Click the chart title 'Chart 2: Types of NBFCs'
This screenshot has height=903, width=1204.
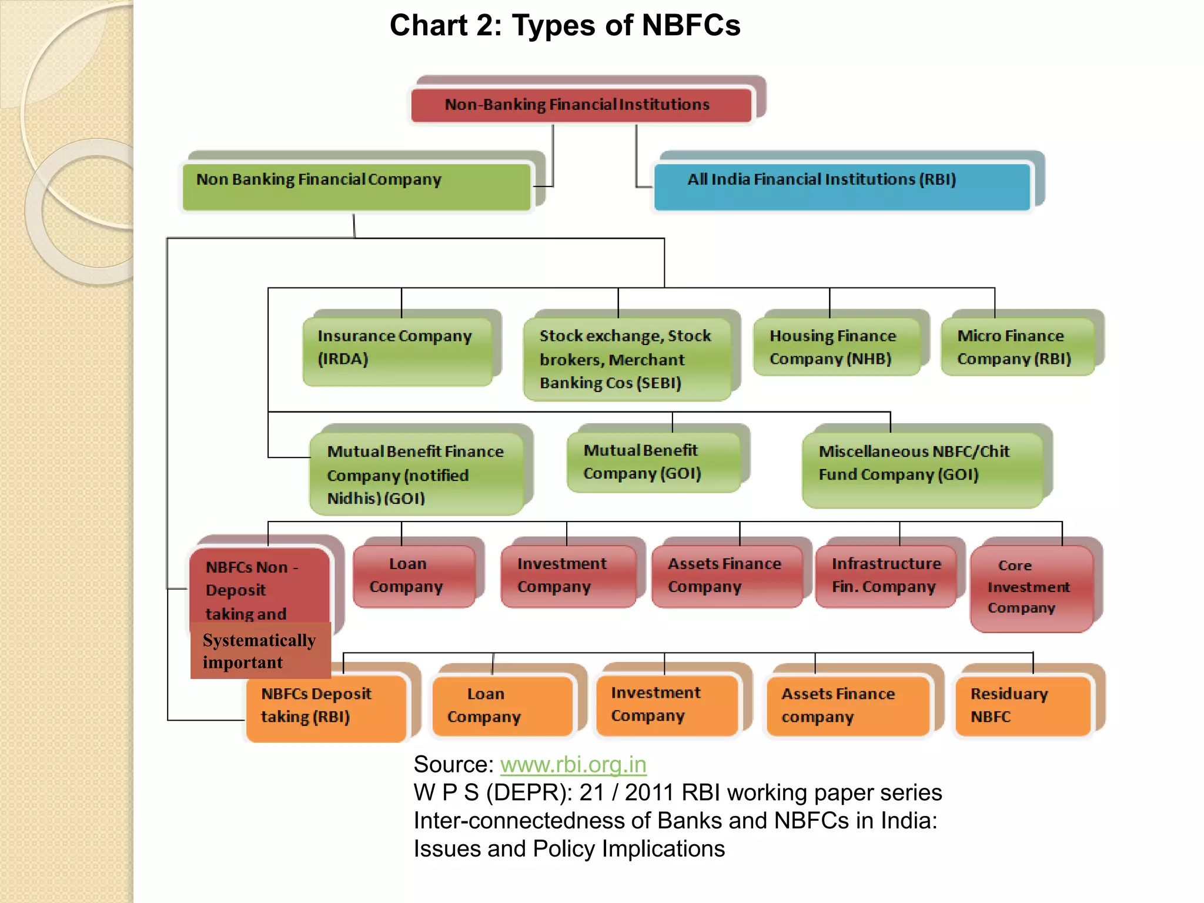[x=564, y=26]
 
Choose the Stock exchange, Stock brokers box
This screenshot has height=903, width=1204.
[x=627, y=359]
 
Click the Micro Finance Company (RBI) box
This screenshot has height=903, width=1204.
[x=1017, y=347]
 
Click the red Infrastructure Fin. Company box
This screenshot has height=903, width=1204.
[x=885, y=576]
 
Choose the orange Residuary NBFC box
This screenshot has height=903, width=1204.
[x=1022, y=705]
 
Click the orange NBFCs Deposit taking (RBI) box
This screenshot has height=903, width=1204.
[x=326, y=707]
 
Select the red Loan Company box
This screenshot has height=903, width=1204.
[x=414, y=576]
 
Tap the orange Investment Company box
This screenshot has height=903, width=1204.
[x=666, y=705]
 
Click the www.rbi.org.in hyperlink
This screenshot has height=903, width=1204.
[x=573, y=764]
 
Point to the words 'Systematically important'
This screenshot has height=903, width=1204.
[x=260, y=651]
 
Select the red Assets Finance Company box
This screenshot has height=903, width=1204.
[x=727, y=576]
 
